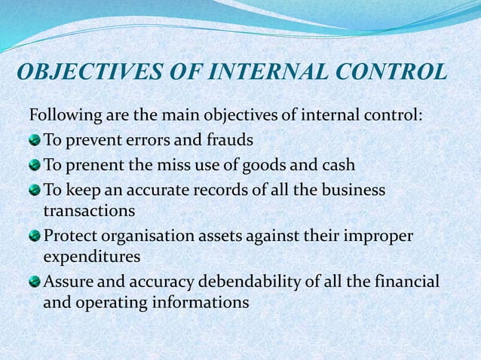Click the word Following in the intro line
60,117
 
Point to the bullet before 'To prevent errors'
35,141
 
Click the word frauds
228,141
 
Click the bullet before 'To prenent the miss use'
35,164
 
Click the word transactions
89,209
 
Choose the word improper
380,236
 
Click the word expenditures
92,256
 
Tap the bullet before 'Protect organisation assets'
35,236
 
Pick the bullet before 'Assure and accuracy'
35,283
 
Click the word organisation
138,236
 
